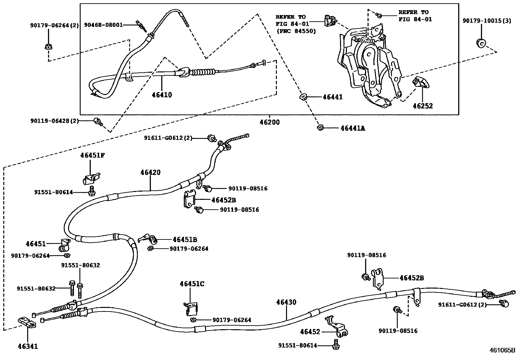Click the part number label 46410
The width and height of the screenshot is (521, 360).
[162, 95]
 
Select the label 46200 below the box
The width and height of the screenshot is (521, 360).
[270, 123]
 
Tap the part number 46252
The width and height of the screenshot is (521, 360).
[422, 106]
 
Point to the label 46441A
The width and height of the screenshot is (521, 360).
[352, 128]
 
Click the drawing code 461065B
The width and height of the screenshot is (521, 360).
[502, 350]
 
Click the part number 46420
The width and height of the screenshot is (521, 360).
[151, 172]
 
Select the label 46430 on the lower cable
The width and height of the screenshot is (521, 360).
[286, 302]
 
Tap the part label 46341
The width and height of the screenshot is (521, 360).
[28, 346]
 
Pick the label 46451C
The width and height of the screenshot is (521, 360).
[192, 284]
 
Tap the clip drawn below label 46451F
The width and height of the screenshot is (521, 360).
[91, 179]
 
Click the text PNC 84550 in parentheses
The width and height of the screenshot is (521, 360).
[296, 31]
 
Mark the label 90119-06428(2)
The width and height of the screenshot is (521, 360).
[54, 121]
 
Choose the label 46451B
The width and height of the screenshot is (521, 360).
[185, 240]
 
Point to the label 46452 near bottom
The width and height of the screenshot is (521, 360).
[310, 332]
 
